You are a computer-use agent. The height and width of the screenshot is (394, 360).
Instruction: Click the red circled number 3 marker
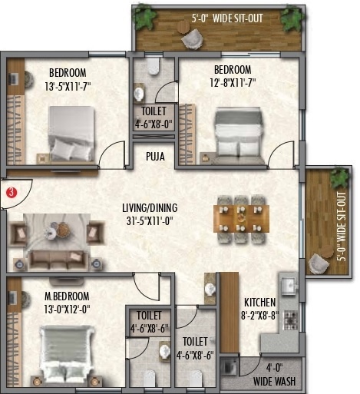(11, 193)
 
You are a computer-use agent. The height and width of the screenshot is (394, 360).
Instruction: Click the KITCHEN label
(259, 303)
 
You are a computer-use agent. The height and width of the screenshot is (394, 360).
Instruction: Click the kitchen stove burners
(290, 318)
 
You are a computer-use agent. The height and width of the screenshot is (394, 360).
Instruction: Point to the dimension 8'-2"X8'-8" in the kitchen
(259, 315)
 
